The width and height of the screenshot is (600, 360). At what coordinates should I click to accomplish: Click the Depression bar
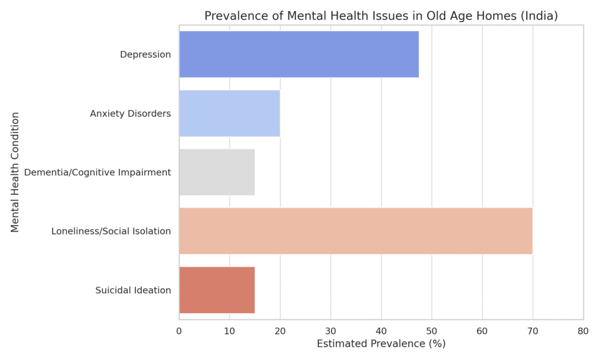click(299, 55)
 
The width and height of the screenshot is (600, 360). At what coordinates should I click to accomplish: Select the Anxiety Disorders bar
click(229, 113)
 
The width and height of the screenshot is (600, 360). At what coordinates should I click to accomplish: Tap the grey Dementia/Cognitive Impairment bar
click(217, 172)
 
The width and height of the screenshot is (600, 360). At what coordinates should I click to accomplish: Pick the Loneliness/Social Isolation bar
click(355, 231)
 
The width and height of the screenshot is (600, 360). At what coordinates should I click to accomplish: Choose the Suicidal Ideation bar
click(217, 290)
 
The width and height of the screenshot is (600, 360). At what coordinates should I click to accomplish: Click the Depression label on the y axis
click(145, 55)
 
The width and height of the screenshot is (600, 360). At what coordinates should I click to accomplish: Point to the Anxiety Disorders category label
click(130, 113)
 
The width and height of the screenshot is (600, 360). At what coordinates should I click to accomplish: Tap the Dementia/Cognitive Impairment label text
click(97, 172)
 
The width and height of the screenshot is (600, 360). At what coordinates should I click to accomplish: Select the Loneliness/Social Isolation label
click(111, 231)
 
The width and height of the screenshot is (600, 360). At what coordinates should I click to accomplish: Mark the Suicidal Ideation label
click(133, 290)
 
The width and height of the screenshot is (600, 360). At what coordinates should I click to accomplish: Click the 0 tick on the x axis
click(179, 331)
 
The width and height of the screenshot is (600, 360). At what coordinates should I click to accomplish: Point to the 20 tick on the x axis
click(280, 331)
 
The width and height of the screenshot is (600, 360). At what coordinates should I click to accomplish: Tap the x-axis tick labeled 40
click(381, 331)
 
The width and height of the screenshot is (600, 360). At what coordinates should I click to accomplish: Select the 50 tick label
click(432, 331)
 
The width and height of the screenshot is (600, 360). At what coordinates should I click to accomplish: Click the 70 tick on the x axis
click(533, 331)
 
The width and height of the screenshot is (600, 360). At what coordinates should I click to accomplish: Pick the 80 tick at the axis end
click(583, 331)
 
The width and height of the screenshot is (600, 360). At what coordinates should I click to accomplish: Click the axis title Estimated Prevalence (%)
click(381, 344)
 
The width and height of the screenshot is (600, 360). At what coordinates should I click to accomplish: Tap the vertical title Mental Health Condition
click(15, 172)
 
